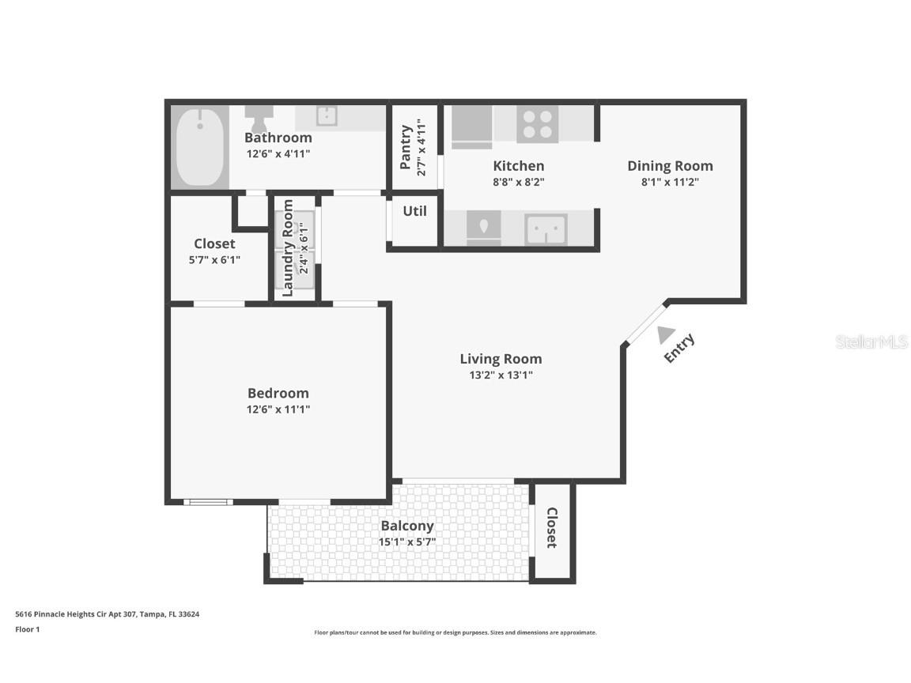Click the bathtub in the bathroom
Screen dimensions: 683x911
tap(199, 147)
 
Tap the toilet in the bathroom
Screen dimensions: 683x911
tap(257, 120)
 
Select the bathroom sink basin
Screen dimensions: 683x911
tap(327, 116)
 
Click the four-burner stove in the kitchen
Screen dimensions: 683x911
tap(537, 124)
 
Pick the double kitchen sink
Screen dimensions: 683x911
tap(546, 230)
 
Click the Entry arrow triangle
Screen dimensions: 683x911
tap(666, 335)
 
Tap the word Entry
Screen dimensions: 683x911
tap(679, 349)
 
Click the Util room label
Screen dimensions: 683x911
tap(414, 211)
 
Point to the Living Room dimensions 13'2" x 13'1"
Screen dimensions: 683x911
tap(501, 375)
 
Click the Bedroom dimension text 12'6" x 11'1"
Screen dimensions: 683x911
tap(278, 409)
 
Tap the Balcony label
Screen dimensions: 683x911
tap(407, 526)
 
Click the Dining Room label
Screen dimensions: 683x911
tap(670, 166)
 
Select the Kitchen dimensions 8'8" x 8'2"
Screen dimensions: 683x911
tap(519, 182)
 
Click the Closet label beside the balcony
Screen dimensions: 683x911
tap(551, 528)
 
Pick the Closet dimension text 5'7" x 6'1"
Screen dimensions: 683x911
tap(214, 259)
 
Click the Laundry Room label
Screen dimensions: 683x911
tap(288, 248)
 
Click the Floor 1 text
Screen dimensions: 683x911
tap(27, 629)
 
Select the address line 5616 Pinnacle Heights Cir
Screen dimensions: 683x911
tap(107, 613)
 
